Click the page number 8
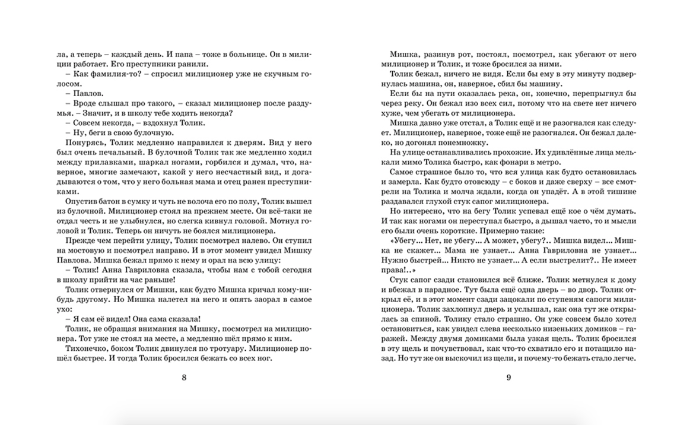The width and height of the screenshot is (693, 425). (x=183, y=378)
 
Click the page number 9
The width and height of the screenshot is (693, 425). (x=508, y=378)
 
